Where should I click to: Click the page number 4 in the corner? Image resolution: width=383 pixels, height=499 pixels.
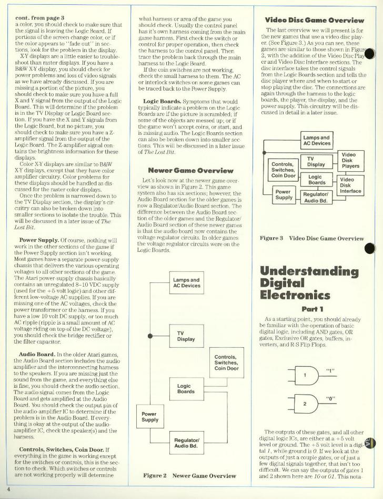pyautogui.click(x=9, y=490)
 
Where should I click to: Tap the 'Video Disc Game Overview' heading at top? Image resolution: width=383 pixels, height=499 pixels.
pyautogui.click(x=316, y=19)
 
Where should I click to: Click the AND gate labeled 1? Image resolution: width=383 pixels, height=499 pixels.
pyautogui.click(x=306, y=375)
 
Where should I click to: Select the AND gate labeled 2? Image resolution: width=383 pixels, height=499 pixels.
pyautogui.click(x=306, y=404)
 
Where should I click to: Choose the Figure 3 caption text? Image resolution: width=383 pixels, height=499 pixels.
pyautogui.click(x=312, y=238)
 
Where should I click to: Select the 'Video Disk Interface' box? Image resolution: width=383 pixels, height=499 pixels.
pyautogui.click(x=350, y=185)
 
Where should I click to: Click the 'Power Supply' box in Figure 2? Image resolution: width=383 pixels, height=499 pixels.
pyautogui.click(x=150, y=416)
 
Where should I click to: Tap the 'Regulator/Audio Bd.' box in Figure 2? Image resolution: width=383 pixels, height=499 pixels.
pyautogui.click(x=186, y=443)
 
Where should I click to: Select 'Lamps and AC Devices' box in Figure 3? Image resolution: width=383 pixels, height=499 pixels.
pyautogui.click(x=317, y=141)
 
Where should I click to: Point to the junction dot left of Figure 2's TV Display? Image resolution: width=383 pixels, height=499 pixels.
pyautogui.click(x=150, y=335)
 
